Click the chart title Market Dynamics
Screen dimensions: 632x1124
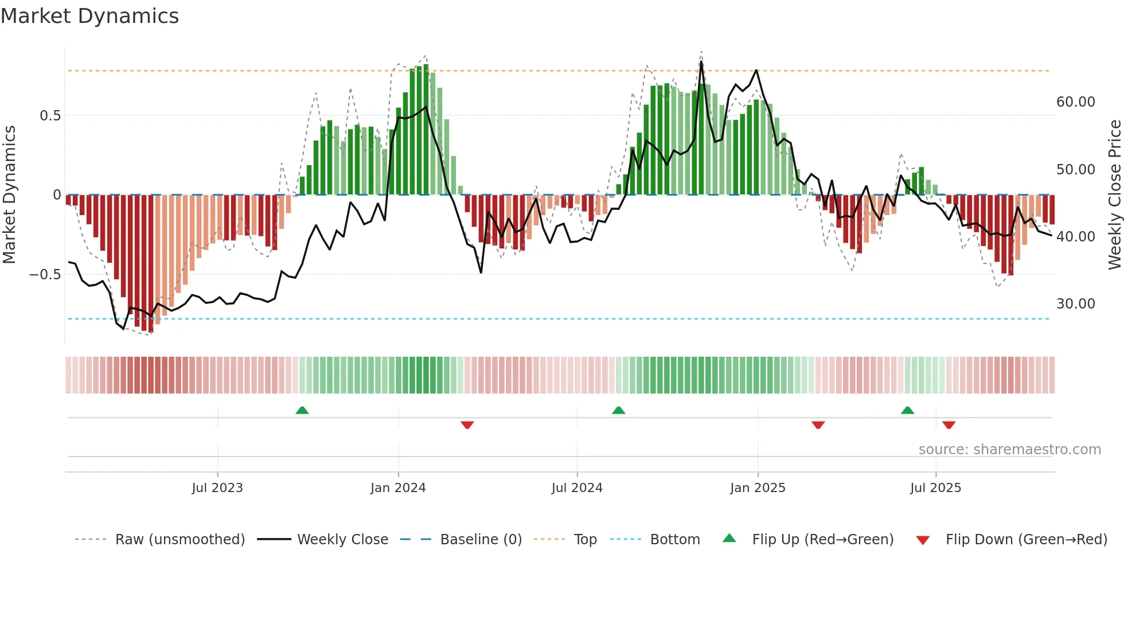[90, 16]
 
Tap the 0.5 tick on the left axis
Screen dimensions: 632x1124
[50, 116]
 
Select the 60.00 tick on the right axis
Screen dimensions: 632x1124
[1075, 102]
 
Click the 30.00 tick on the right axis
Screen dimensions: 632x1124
[1075, 304]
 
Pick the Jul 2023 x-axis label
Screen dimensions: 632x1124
[217, 488]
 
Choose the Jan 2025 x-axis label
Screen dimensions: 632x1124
[758, 488]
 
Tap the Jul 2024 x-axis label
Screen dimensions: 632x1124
[577, 488]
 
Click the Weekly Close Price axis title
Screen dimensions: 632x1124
[1114, 195]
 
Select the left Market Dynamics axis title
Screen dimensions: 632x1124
[9, 195]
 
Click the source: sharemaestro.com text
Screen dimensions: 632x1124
[1009, 450]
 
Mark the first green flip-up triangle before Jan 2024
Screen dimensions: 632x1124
[302, 411]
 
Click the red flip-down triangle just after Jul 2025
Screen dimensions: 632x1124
[949, 425]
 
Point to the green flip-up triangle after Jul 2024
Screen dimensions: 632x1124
[618, 411]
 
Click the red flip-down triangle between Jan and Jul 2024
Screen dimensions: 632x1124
[467, 425]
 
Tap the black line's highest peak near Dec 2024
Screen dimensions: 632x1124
[701, 62]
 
